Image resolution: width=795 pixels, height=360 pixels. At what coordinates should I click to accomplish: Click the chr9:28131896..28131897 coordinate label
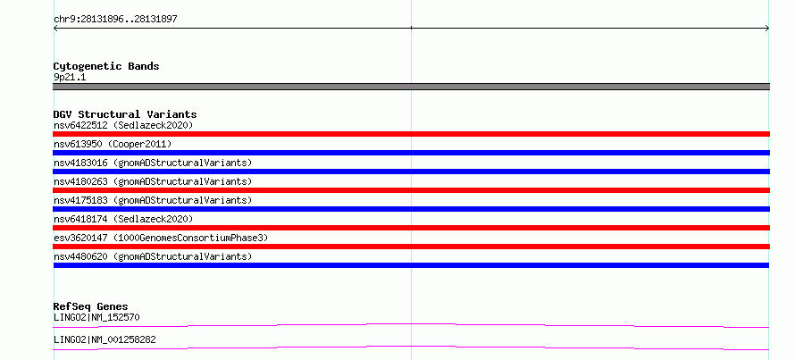click(115, 20)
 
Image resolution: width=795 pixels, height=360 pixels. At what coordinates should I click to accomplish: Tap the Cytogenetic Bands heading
click(106, 66)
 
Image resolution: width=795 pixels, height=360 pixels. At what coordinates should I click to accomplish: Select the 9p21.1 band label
click(70, 78)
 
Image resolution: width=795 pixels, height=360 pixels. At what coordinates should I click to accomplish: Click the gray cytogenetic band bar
click(411, 87)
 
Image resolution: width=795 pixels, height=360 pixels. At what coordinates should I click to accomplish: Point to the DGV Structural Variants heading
click(125, 114)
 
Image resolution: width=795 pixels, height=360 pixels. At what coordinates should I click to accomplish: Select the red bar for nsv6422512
click(411, 134)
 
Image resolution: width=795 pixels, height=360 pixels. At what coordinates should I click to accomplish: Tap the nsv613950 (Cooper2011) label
click(113, 144)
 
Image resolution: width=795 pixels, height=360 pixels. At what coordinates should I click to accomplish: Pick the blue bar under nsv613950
click(411, 153)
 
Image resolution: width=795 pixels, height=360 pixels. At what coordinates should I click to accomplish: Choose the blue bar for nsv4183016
click(411, 172)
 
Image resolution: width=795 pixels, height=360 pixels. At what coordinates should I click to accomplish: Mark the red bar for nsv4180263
click(411, 190)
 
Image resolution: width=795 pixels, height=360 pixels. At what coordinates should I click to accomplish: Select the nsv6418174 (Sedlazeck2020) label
click(123, 219)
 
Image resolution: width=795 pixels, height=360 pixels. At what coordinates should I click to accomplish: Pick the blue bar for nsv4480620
click(411, 265)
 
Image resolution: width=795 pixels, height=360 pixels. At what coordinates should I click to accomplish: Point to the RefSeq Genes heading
click(90, 306)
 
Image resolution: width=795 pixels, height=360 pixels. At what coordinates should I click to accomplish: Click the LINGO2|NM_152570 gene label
click(96, 317)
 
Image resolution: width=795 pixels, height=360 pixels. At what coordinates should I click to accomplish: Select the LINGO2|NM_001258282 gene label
click(105, 339)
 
